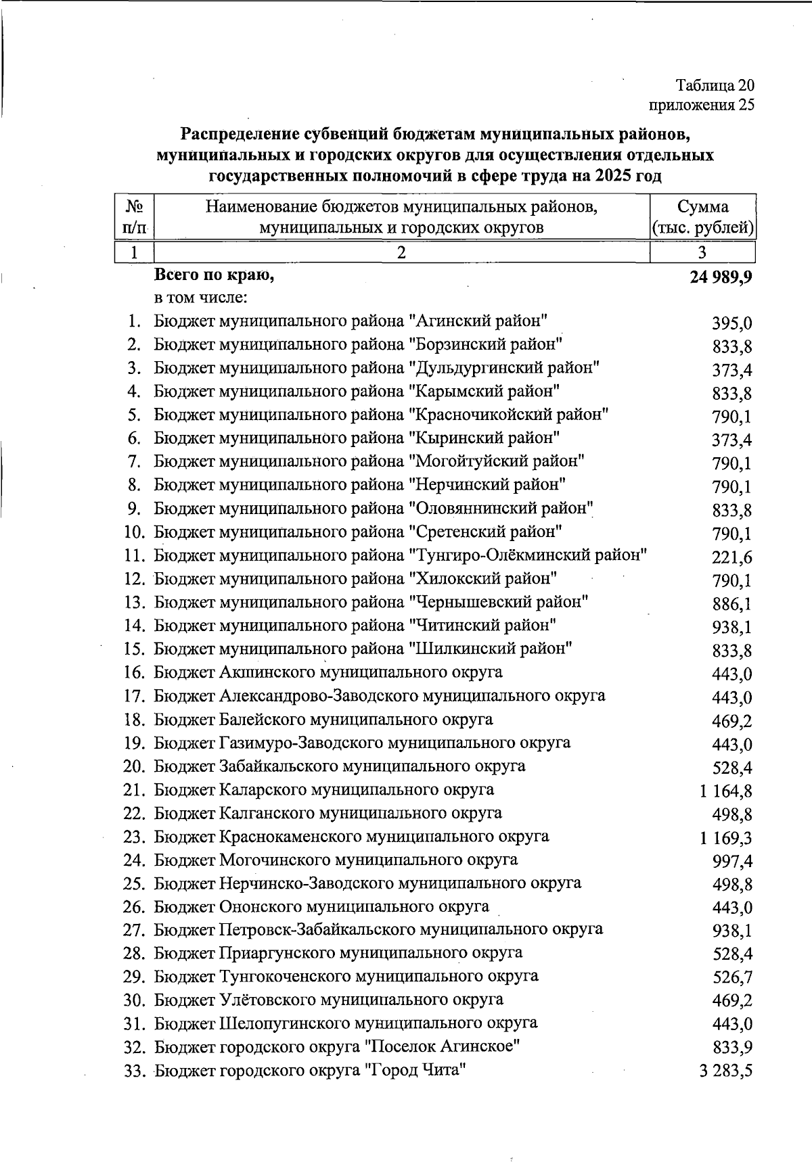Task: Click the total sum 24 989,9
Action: tap(721, 277)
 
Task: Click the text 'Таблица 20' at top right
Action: tap(715, 86)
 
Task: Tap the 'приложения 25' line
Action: tap(702, 105)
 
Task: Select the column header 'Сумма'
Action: tap(702, 207)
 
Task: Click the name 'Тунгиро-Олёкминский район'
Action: tap(528, 556)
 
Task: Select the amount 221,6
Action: tap(732, 558)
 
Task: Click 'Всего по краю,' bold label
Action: tap(215, 275)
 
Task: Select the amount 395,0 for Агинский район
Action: tap(732, 324)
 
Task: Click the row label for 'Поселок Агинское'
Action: tap(337, 1047)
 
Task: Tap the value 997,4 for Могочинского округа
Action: tap(732, 862)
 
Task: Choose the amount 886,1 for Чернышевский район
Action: tap(732, 605)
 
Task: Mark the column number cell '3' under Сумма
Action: tap(702, 252)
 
